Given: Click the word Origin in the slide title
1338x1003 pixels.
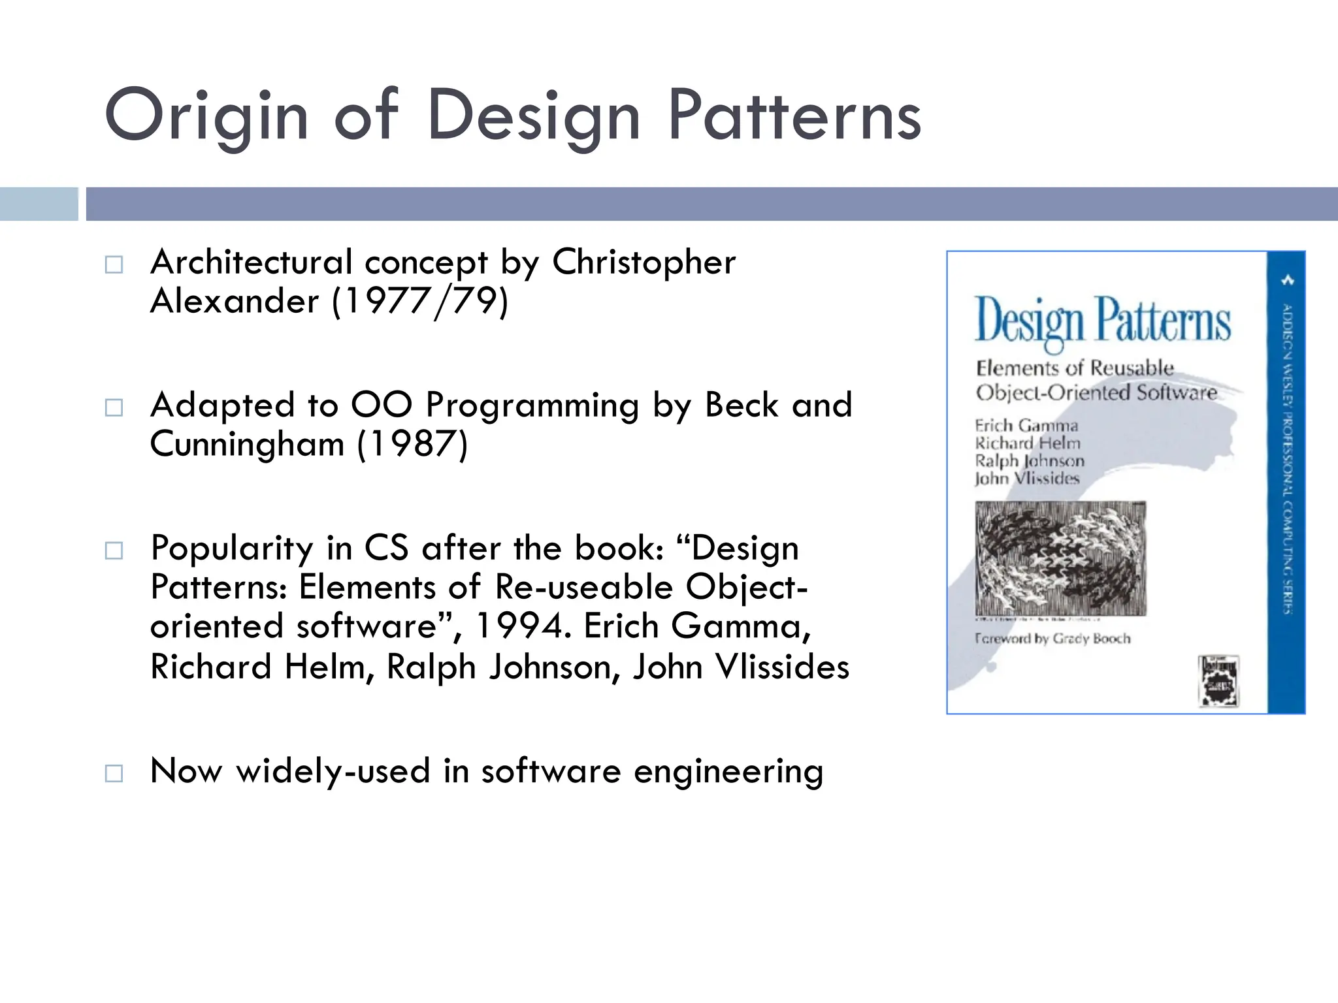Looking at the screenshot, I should [206, 116].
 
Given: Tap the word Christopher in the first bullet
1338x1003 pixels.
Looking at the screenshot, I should [644, 263].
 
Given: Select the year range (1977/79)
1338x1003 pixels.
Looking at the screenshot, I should [420, 302].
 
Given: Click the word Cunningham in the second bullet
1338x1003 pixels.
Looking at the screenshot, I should [247, 445].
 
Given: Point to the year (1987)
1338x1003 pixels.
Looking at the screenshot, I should [412, 445].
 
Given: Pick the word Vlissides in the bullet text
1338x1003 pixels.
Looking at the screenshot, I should [782, 667].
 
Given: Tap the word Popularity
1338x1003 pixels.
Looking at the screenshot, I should [232, 548].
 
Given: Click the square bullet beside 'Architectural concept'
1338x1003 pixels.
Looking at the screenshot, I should [114, 264].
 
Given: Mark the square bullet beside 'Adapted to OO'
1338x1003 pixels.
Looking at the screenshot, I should [114, 408].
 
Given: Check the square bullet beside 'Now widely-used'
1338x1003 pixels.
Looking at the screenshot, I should [114, 774].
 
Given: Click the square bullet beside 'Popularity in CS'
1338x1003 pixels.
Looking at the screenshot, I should [114, 550].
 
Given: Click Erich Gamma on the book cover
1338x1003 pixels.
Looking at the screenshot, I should [1026, 426].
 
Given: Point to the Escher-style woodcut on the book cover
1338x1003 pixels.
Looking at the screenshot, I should [1060, 558].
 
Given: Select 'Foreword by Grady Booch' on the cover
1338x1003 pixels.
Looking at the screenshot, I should [1052, 638].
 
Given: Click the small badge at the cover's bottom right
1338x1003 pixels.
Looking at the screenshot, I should [1218, 682].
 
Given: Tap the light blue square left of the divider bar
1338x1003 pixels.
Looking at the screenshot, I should [39, 204].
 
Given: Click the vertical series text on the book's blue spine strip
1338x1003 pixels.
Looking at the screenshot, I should [1286, 457].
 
